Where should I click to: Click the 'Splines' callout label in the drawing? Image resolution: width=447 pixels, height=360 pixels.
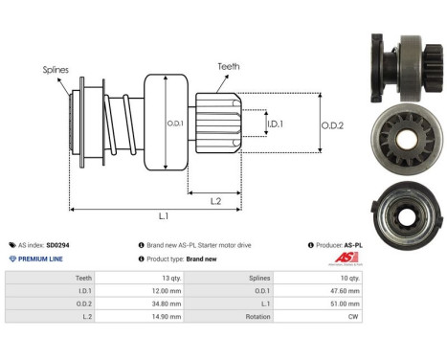point(56,69)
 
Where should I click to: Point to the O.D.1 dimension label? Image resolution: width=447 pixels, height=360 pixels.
point(174,122)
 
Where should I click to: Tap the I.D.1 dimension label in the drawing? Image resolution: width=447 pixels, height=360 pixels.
point(273,123)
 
